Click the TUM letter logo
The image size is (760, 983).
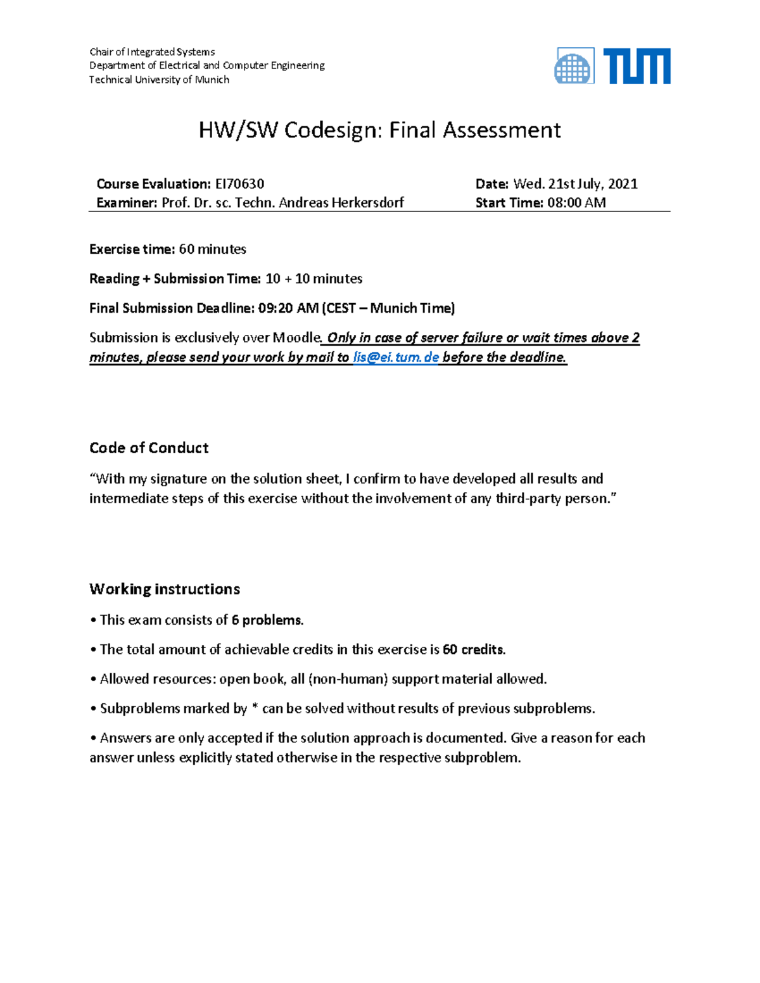pyautogui.click(x=636, y=66)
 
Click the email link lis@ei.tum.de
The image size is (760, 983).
pyautogui.click(x=396, y=358)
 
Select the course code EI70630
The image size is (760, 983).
pyautogui.click(x=239, y=184)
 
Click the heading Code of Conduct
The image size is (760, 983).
pyautogui.click(x=149, y=448)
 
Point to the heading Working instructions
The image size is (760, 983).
pyautogui.click(x=165, y=589)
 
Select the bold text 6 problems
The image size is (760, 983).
pyautogui.click(x=267, y=620)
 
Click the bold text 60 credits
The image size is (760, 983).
pyautogui.click(x=474, y=650)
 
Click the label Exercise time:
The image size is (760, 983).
pyautogui.click(x=132, y=249)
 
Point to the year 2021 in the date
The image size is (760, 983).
pyautogui.click(x=623, y=184)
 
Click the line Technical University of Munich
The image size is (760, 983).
pyautogui.click(x=159, y=80)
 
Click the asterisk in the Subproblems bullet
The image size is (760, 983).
pyautogui.click(x=255, y=708)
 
